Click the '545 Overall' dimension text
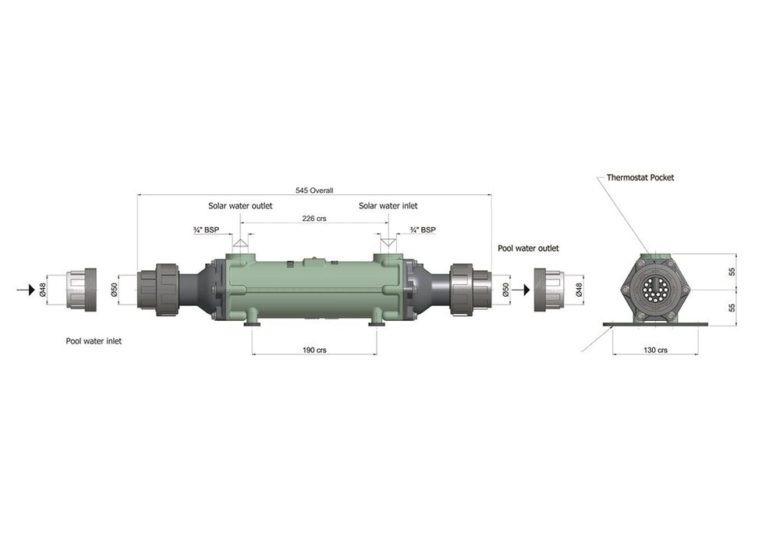[314, 191]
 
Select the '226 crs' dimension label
[314, 219]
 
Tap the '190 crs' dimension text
[314, 351]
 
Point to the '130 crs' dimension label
[656, 351]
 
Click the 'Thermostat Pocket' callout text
[640, 178]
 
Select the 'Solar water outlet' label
[239, 206]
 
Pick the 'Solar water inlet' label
[388, 206]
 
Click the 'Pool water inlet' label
[94, 341]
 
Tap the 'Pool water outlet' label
[528, 248]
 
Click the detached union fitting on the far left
[80, 290]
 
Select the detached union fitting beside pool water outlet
[549, 290]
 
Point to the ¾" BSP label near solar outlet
[206, 230]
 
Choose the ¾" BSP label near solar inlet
[423, 230]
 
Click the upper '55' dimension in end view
[732, 272]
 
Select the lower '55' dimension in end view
[732, 308]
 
